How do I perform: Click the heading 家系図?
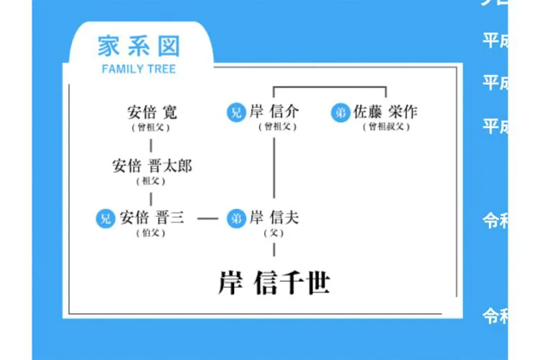(x=138, y=47)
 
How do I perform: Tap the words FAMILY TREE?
(x=138, y=69)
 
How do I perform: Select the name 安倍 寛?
(x=152, y=112)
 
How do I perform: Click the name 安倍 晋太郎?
(x=152, y=166)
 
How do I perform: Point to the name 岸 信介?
(x=274, y=112)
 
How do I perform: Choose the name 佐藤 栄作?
(x=385, y=112)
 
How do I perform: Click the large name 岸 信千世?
(x=274, y=283)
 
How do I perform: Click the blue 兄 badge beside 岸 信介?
(x=235, y=112)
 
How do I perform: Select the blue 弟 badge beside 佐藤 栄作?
(x=341, y=112)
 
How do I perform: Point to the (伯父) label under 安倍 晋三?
(x=151, y=233)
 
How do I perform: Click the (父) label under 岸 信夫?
(x=274, y=233)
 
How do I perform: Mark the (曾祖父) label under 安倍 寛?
(x=151, y=127)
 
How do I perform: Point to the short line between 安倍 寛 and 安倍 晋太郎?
(x=151, y=146)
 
